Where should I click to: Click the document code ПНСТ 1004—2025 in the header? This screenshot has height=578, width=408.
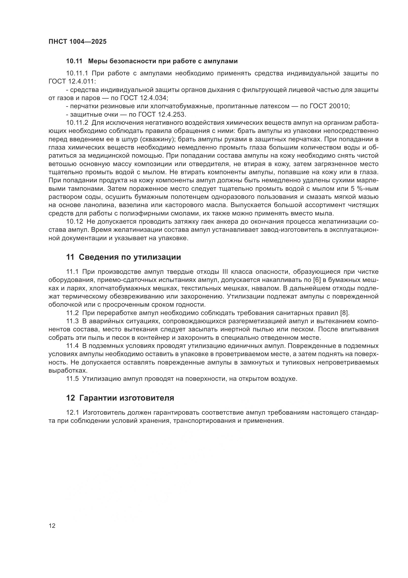tap(77, 42)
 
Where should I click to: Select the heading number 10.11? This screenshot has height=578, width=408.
tap(74, 61)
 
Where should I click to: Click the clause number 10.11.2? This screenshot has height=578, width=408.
tap(77, 123)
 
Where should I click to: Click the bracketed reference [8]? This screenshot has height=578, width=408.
tap(344, 313)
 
